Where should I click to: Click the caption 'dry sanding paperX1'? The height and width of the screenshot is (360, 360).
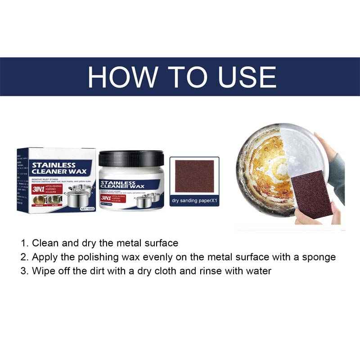point(194,201)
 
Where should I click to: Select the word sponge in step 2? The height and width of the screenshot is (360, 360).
point(319,257)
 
